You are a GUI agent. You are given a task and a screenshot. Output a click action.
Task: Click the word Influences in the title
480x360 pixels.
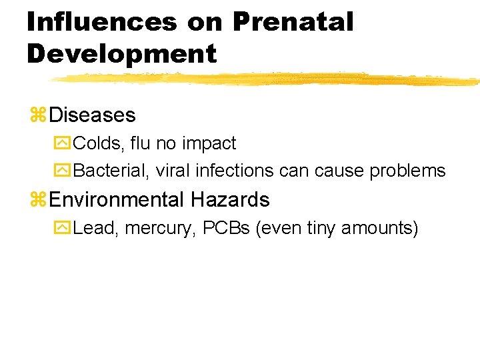tap(101, 22)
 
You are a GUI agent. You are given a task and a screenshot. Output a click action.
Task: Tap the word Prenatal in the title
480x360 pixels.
tap(293, 22)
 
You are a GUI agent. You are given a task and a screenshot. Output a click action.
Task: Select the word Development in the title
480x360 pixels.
tap(122, 53)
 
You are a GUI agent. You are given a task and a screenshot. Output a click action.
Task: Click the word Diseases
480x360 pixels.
tap(92, 115)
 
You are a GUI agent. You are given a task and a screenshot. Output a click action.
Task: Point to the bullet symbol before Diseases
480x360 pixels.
tap(37, 115)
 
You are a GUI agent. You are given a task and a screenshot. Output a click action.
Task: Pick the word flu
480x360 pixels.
tap(141, 143)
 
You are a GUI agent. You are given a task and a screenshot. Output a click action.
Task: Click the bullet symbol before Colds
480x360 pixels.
tap(63, 144)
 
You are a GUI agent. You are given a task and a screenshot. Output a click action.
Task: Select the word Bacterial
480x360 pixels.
tap(112, 171)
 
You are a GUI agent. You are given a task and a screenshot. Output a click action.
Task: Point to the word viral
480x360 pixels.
tap(173, 171)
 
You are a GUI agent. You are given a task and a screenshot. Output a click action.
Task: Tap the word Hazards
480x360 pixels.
tap(231, 200)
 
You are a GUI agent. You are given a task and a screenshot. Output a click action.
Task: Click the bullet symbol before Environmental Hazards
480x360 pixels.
tap(37, 200)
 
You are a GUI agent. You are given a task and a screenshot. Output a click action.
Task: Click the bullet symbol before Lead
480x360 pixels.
tap(63, 229)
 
